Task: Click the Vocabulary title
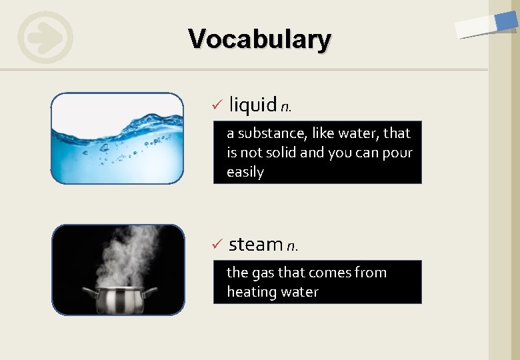tap(259, 39)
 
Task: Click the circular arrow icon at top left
tap(45, 37)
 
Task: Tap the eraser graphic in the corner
tap(486, 25)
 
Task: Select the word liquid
tap(253, 105)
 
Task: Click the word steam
tap(255, 245)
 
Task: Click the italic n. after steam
tap(292, 247)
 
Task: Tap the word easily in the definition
tap(245, 172)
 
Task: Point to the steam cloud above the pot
tap(127, 253)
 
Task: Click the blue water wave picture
tap(117, 138)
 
